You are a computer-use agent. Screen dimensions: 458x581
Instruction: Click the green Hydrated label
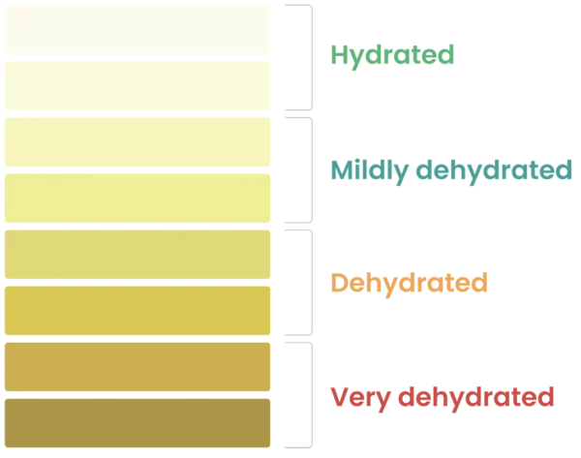pos(392,56)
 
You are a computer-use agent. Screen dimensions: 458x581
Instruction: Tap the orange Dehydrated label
pos(408,285)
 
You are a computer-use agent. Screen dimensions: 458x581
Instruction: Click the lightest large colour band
pos(136,31)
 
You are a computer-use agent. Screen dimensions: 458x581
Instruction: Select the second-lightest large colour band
pos(136,87)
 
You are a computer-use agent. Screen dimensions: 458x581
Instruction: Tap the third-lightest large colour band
pos(136,143)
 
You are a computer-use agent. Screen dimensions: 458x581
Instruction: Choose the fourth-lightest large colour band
pos(136,198)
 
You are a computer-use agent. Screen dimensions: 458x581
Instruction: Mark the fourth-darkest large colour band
pos(136,255)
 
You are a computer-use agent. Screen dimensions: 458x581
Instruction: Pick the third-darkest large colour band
pos(136,311)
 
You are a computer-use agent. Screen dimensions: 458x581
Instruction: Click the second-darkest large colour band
pos(136,367)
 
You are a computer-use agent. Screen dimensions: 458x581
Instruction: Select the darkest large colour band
pos(136,423)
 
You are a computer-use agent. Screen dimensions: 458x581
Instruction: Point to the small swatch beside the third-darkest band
pos(290,313)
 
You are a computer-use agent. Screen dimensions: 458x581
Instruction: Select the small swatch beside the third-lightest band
pos(290,143)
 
